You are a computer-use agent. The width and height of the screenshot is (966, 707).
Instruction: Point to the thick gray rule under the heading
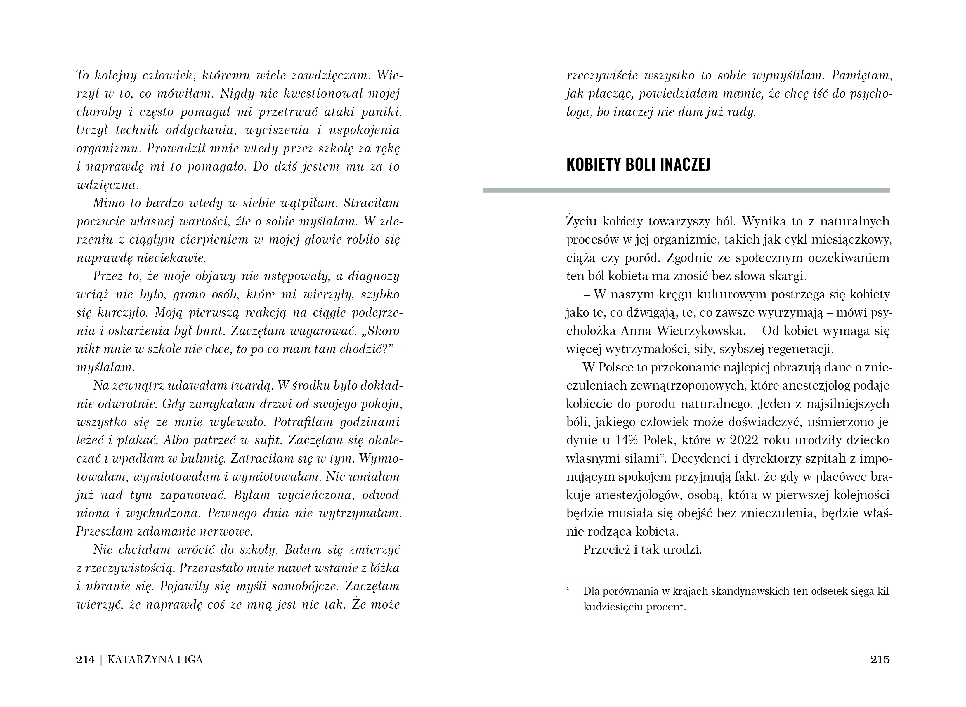click(x=686, y=190)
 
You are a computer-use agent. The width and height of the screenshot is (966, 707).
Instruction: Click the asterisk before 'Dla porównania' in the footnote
click(x=568, y=591)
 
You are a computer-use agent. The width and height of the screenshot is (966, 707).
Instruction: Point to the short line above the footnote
click(x=592, y=579)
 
